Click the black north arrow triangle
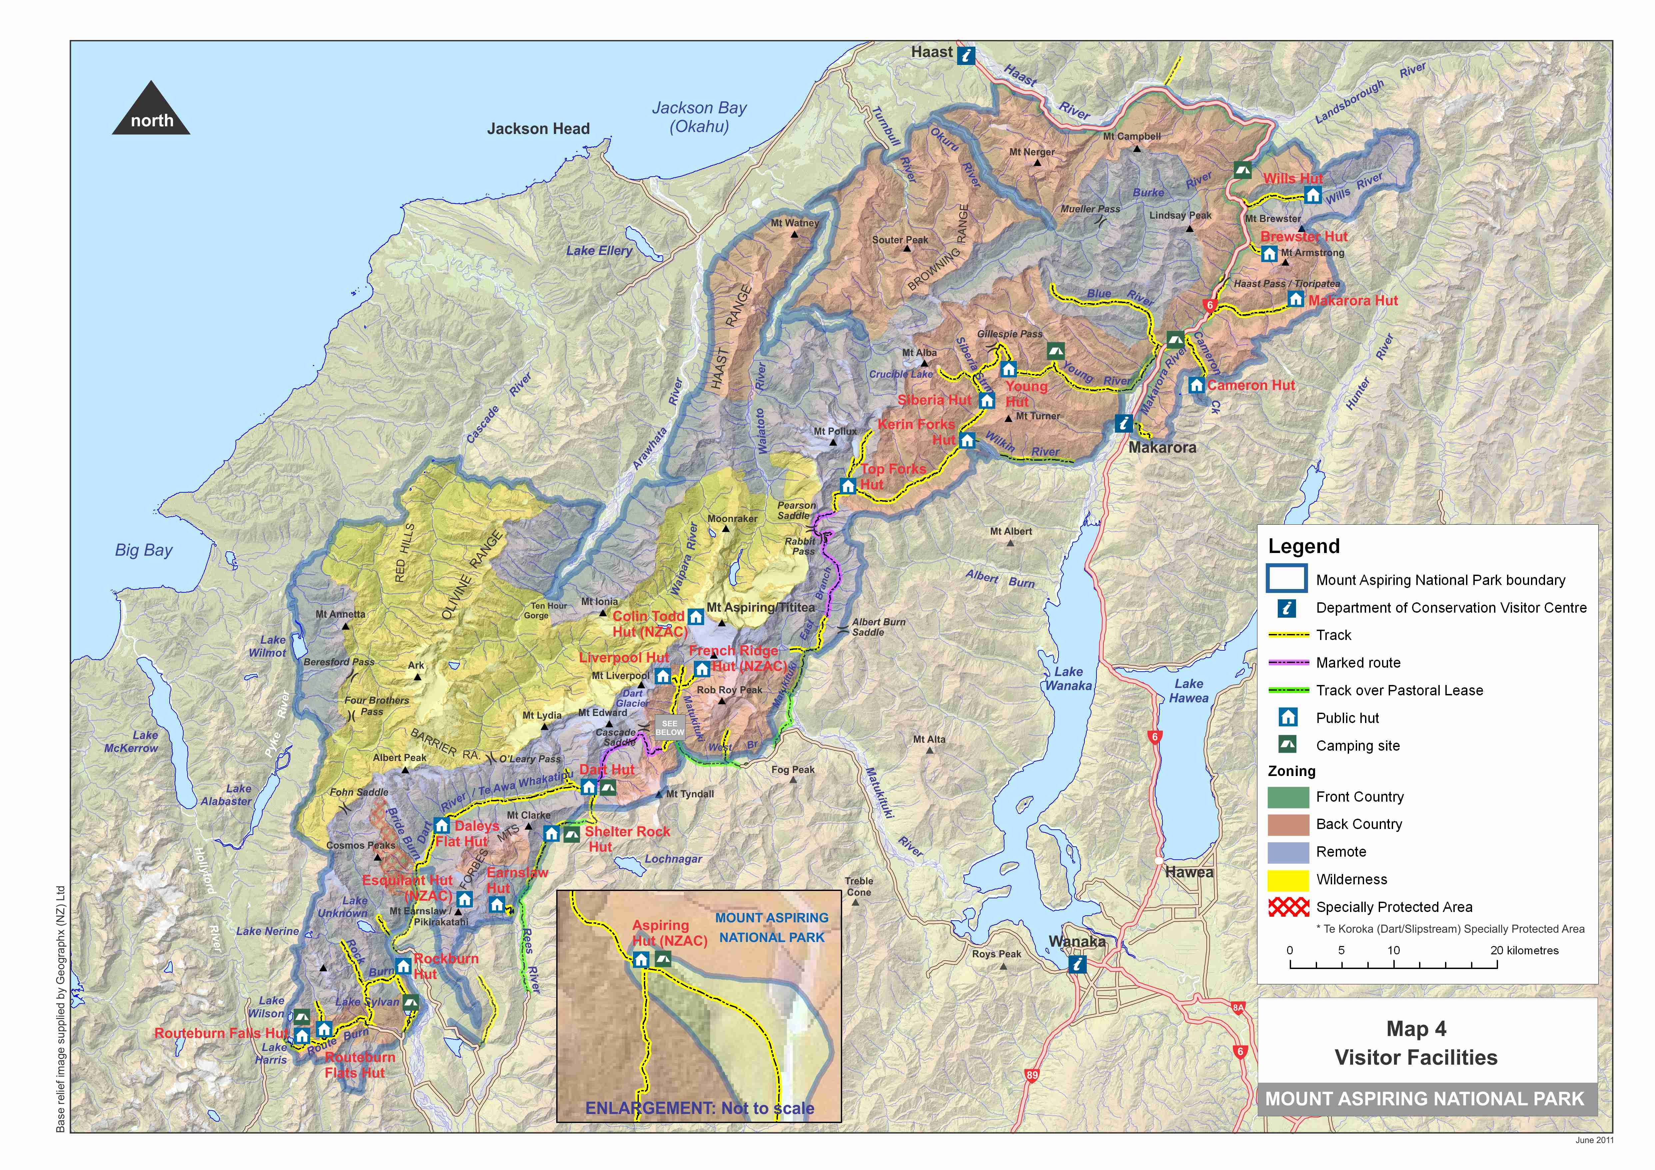click(151, 110)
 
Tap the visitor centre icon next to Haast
click(966, 56)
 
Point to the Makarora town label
click(1162, 448)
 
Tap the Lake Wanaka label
click(1068, 678)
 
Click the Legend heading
click(1304, 546)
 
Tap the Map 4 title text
click(1416, 1029)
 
